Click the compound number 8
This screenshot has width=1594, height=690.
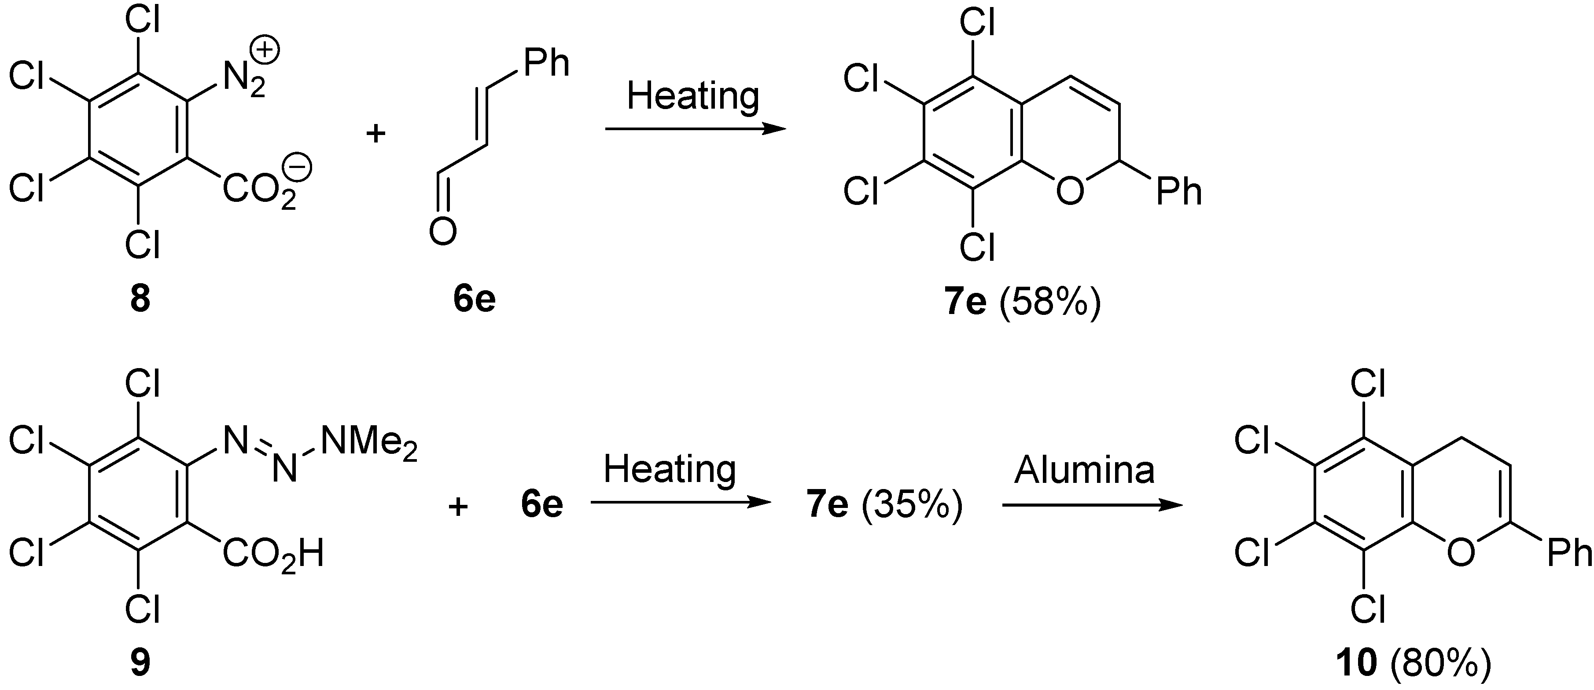pyautogui.click(x=140, y=299)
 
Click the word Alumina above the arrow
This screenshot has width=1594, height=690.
pyautogui.click(x=1084, y=470)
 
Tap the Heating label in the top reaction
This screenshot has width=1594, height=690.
pyautogui.click(x=693, y=96)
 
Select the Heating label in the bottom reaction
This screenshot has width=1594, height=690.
pyautogui.click(x=670, y=470)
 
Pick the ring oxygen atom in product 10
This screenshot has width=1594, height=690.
pyautogui.click(x=1461, y=553)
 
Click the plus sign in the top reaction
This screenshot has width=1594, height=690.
pyautogui.click(x=375, y=133)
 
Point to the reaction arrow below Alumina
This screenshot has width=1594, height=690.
pyautogui.click(x=1092, y=505)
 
